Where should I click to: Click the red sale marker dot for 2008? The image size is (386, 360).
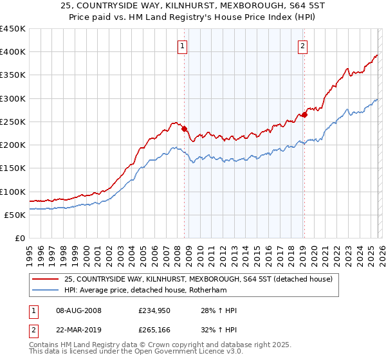pyautogui.click(x=184, y=129)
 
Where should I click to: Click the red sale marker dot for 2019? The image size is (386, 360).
pyautogui.click(x=304, y=115)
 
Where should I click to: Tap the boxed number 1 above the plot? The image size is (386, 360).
pyautogui.click(x=183, y=46)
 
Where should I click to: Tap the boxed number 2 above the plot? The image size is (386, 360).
pyautogui.click(x=302, y=46)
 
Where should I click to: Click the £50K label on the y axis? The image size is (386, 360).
pyautogui.click(x=15, y=215)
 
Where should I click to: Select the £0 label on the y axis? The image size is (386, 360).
pyautogui.click(x=20, y=238)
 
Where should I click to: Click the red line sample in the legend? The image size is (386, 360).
pyautogui.click(x=46, y=279)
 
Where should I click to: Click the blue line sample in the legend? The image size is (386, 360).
pyautogui.click(x=46, y=290)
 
